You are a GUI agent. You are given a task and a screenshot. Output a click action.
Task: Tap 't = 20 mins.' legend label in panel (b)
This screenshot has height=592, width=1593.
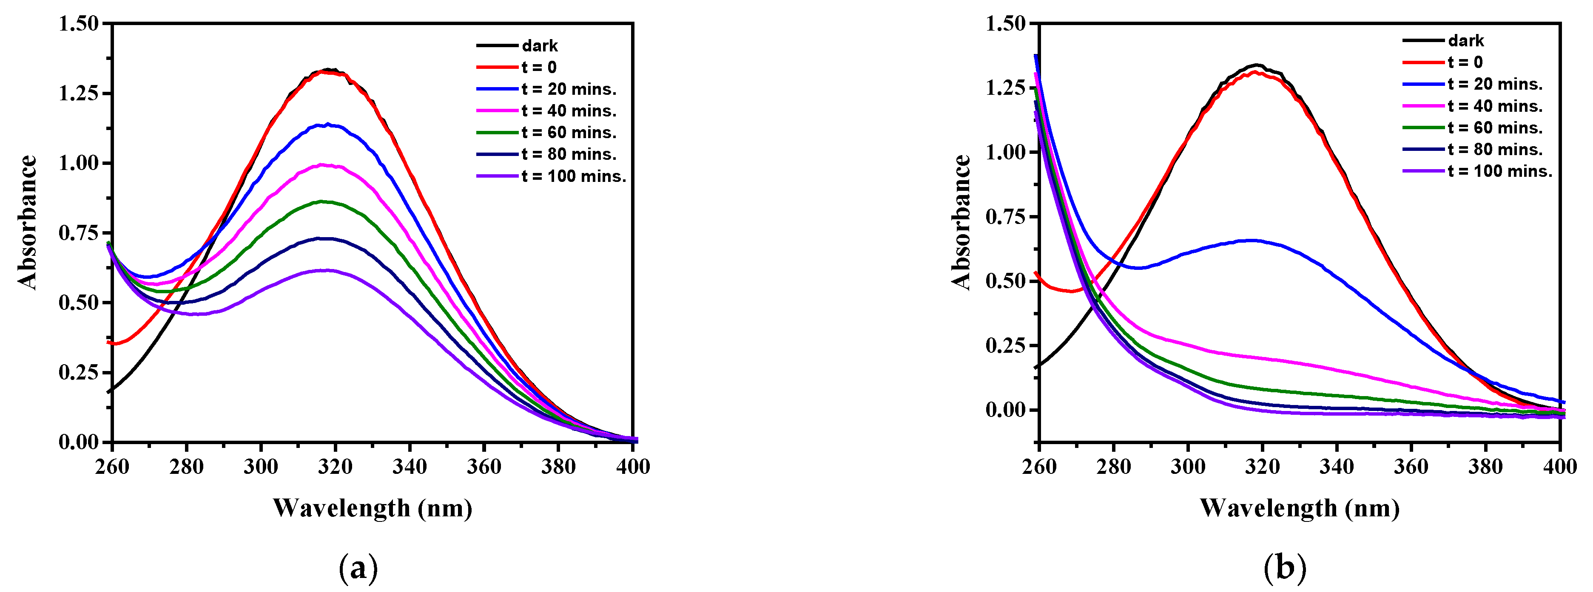coord(1495,84)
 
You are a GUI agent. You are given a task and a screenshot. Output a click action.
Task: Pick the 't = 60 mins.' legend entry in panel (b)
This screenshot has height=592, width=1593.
coord(1495,128)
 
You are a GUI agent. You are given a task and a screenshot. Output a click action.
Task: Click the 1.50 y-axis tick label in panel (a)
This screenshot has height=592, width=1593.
coord(79,23)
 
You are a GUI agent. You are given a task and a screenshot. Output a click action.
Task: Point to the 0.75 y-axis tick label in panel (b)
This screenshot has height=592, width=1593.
coord(1006,217)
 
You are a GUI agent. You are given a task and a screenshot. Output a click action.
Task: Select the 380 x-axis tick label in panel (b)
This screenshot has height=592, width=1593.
coord(1485,467)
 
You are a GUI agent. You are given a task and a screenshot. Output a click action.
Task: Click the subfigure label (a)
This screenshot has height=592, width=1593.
coord(358,568)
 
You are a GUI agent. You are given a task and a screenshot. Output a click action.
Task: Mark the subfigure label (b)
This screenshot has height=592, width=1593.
coord(1285,568)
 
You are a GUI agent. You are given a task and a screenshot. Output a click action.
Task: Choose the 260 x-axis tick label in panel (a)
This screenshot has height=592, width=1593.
coord(112,467)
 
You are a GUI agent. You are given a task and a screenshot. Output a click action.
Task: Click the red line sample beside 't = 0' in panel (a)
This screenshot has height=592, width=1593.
coord(497,67)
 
